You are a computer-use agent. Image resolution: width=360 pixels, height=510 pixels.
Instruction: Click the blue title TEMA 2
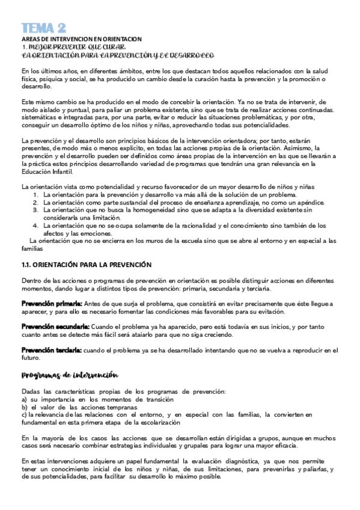pos(44,28)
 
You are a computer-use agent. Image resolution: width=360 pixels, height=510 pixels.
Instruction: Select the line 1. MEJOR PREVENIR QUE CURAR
pos(73,46)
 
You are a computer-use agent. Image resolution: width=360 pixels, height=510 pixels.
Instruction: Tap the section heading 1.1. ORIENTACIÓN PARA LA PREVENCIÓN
pos(86,265)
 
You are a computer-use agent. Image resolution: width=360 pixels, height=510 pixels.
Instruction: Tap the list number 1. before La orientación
pos(36,195)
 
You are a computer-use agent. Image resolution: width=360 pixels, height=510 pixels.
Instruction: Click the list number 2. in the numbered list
pos(36,203)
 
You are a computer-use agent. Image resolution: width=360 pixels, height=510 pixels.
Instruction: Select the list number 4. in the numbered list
pos(36,226)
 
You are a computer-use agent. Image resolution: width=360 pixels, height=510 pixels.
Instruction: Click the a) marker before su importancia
pos(24,399)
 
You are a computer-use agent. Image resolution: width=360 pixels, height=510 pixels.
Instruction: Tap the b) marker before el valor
pos(24,407)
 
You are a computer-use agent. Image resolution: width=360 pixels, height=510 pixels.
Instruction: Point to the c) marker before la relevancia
pos(23,414)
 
